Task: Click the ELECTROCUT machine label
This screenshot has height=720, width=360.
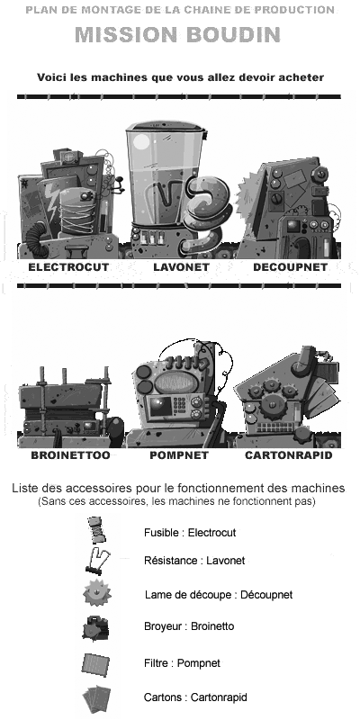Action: tap(68, 267)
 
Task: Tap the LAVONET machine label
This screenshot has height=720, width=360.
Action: tap(181, 267)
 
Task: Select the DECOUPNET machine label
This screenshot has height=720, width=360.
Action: tap(290, 267)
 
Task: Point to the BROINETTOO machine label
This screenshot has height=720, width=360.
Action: tap(70, 455)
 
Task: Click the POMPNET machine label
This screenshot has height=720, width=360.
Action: tap(179, 455)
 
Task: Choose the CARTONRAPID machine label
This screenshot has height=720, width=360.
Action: tap(288, 455)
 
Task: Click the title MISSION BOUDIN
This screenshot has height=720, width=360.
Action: tap(177, 35)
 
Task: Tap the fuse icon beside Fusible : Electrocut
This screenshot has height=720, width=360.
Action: tap(97, 530)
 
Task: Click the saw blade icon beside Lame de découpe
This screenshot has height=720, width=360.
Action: tap(97, 593)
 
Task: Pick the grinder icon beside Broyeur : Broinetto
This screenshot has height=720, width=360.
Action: tap(95, 627)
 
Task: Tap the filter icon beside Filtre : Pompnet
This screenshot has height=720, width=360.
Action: tap(95, 663)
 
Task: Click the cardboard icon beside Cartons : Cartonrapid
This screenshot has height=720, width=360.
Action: tap(96, 698)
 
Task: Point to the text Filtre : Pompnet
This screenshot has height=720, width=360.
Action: tap(182, 663)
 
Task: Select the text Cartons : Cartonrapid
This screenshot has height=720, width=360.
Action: tap(195, 697)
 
